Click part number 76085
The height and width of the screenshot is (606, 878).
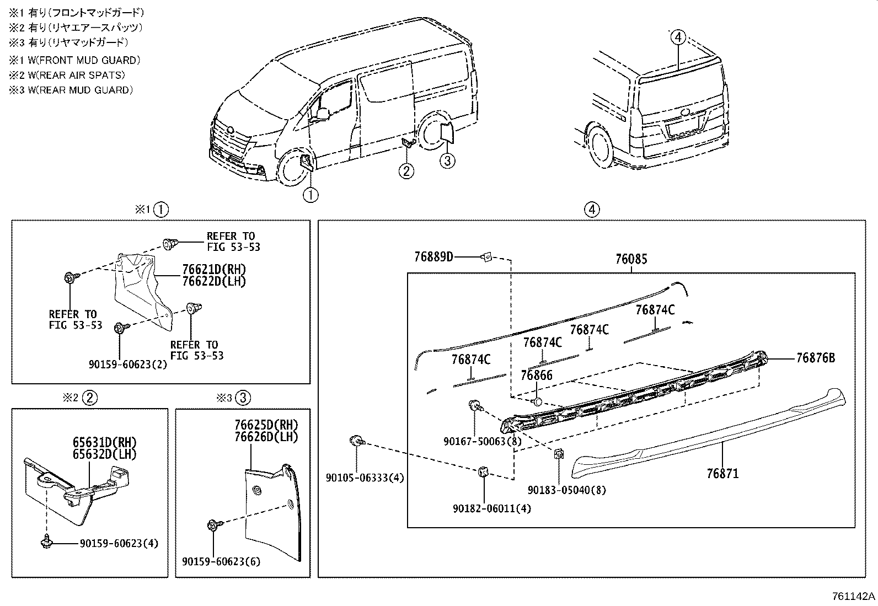tap(631, 259)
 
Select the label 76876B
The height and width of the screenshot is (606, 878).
tap(815, 358)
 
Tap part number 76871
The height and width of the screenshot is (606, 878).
tap(722, 474)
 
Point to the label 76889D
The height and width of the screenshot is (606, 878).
tap(433, 257)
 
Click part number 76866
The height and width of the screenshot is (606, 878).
tap(536, 376)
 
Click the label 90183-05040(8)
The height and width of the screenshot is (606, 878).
tap(566, 490)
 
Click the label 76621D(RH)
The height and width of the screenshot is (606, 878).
tap(214, 270)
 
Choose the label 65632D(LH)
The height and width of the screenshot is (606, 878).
tap(104, 454)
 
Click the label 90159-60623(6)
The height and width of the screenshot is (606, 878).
tap(221, 562)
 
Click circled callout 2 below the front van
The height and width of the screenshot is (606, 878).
tap(406, 171)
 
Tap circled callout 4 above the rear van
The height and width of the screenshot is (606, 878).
tap(678, 37)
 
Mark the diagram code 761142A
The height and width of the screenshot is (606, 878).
tap(853, 597)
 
